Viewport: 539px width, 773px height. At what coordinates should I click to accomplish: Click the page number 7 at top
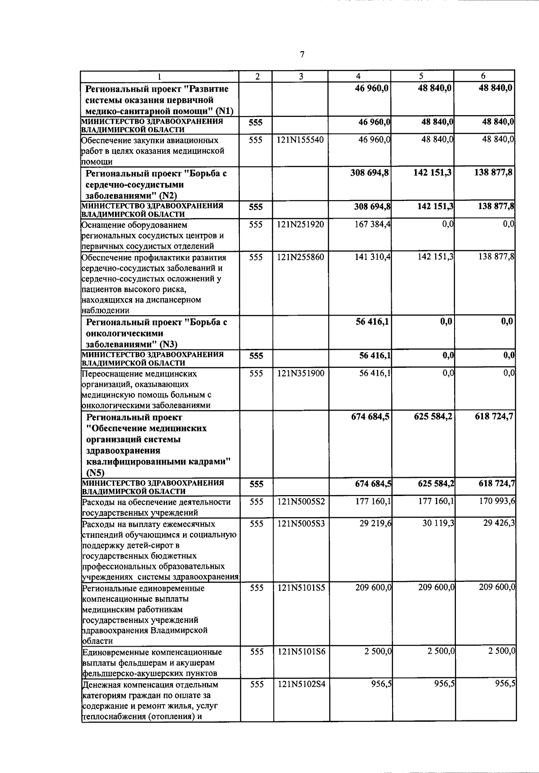pos(302,54)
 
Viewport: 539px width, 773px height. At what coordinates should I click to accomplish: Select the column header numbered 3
pos(300,76)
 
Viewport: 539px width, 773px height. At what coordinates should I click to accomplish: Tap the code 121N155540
pos(300,140)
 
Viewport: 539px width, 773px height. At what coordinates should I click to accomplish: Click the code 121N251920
pos(300,224)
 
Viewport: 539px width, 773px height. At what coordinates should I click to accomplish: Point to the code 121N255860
pos(300,257)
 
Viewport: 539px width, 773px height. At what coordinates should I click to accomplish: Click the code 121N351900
pos(300,373)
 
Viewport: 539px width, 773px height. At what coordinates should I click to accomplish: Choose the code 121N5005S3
pos(300,524)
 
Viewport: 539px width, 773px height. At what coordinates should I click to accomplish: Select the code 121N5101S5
pos(300,588)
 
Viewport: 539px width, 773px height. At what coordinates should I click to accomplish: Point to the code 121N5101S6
pos(300,652)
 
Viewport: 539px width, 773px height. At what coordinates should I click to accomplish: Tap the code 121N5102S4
pos(300,684)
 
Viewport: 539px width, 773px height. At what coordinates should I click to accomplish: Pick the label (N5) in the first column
pos(95,473)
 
